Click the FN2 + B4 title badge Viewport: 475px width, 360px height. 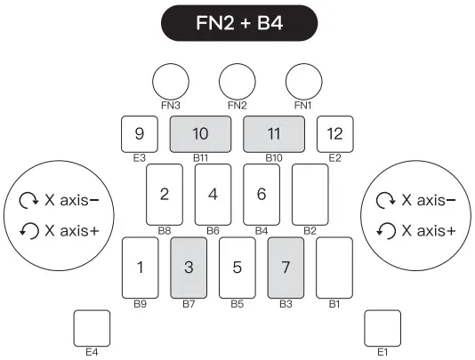click(x=237, y=22)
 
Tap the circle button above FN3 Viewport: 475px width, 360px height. click(x=171, y=81)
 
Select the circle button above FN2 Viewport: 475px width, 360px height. click(x=237, y=81)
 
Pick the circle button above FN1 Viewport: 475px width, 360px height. click(x=303, y=81)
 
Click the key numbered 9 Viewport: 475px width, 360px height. click(x=140, y=134)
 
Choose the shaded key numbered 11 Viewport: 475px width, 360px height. click(x=274, y=134)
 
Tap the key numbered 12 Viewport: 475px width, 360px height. click(x=335, y=134)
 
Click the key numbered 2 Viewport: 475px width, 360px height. click(x=165, y=194)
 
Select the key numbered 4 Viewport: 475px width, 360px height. click(x=213, y=194)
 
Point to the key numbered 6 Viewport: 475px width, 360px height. click(x=262, y=194)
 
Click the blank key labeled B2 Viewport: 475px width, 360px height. click(x=310, y=194)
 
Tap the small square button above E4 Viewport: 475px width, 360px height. click(x=92, y=327)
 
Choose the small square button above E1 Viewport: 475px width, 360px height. click(x=383, y=327)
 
